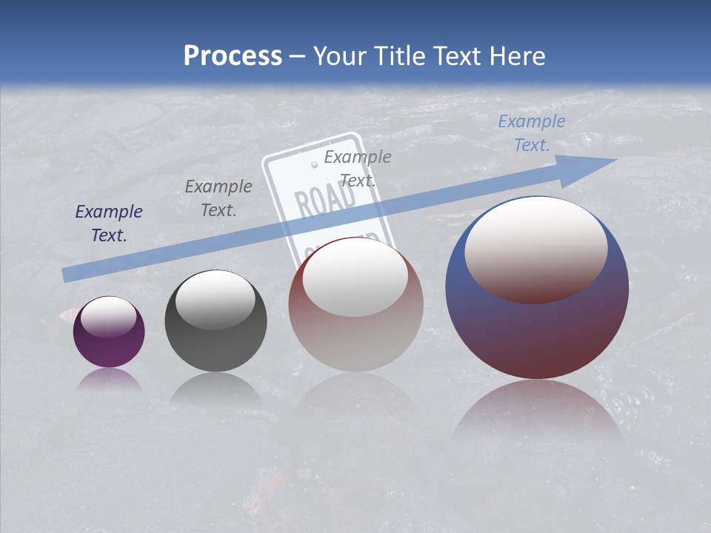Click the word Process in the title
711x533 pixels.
[x=233, y=56]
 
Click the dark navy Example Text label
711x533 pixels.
[x=109, y=224]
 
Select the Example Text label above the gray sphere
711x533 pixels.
[x=218, y=198]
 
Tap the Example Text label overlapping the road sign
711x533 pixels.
[x=358, y=168]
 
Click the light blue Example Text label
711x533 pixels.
[x=531, y=133]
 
